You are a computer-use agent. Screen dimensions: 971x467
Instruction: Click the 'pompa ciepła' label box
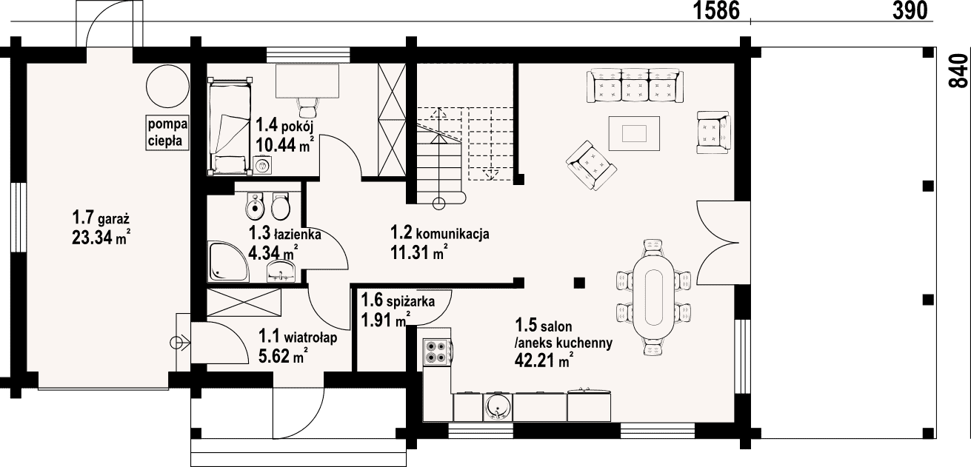[167, 132]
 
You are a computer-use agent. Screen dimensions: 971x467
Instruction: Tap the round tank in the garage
[167, 86]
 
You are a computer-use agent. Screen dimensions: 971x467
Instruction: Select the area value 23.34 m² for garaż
[101, 238]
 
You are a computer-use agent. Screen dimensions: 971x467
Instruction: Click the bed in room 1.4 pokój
[230, 127]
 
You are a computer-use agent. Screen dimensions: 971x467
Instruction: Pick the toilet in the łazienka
[281, 206]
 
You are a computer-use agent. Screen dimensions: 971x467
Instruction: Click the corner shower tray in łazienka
[228, 262]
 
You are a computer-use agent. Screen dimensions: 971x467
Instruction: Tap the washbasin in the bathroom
[281, 271]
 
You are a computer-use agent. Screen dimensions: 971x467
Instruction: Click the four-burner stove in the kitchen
[437, 352]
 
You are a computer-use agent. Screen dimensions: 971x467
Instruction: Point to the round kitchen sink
[497, 407]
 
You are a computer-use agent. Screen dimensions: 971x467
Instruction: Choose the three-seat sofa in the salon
[635, 85]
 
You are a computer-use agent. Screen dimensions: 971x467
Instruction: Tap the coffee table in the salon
[634, 133]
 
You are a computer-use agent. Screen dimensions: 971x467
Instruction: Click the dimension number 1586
[716, 10]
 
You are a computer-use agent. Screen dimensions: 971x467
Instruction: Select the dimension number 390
[910, 10]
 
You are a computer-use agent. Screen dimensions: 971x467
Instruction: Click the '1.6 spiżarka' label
[398, 300]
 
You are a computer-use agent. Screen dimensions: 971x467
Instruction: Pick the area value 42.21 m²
[544, 360]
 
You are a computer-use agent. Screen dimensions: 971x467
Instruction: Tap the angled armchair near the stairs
[591, 165]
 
